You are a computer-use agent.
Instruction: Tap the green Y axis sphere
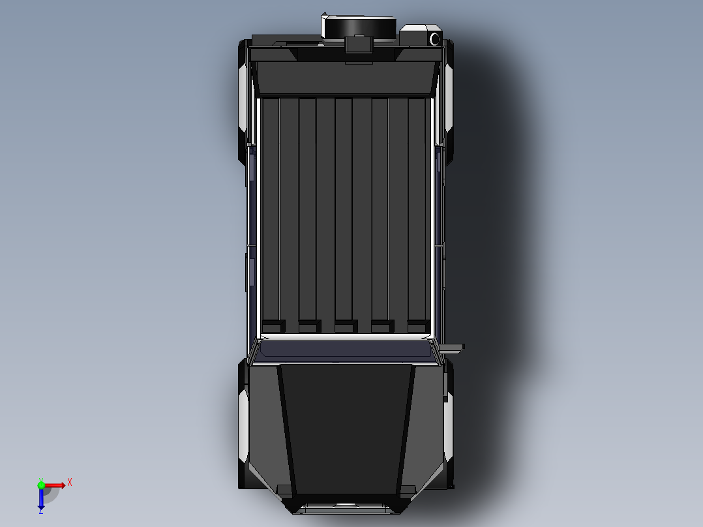(x=41, y=485)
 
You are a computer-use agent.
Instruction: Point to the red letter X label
(x=70, y=483)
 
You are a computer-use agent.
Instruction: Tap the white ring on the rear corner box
(x=434, y=39)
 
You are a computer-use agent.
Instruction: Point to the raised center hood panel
(x=346, y=427)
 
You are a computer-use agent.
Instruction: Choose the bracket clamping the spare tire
(x=359, y=45)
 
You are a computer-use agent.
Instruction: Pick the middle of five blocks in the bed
(x=346, y=325)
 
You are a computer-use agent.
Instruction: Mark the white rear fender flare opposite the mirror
(x=243, y=98)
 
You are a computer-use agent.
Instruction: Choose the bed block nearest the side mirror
(x=418, y=325)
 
